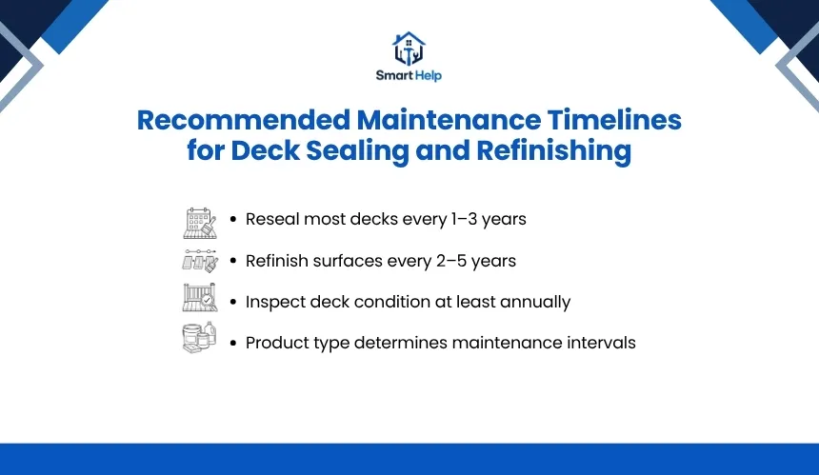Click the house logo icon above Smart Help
tap(409, 48)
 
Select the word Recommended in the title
tap(244, 120)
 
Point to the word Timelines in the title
tap(614, 120)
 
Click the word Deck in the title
tap(266, 150)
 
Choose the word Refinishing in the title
tap(553, 151)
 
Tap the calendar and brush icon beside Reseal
tap(200, 223)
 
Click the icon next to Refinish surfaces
tap(200, 261)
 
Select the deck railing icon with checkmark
tap(200, 298)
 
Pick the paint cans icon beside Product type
tap(200, 337)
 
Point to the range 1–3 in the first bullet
tap(465, 219)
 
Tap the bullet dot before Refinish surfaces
tap(233, 261)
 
